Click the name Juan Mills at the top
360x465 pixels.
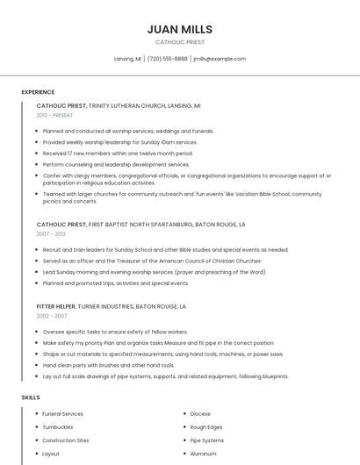180,29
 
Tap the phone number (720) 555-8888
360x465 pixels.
167,59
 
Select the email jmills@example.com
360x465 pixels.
220,59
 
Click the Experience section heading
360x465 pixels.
38,92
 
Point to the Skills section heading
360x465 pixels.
31,397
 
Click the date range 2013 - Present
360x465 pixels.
55,115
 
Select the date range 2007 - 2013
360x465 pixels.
51,234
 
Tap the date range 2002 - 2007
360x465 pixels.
52,316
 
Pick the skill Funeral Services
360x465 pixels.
62,413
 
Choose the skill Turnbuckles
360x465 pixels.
59,426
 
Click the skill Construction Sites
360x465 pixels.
66,440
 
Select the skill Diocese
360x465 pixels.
200,413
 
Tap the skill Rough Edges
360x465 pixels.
207,426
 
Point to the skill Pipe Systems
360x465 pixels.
207,440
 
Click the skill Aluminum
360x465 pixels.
203,454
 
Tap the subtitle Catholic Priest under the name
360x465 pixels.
180,42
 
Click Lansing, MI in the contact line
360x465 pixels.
128,59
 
